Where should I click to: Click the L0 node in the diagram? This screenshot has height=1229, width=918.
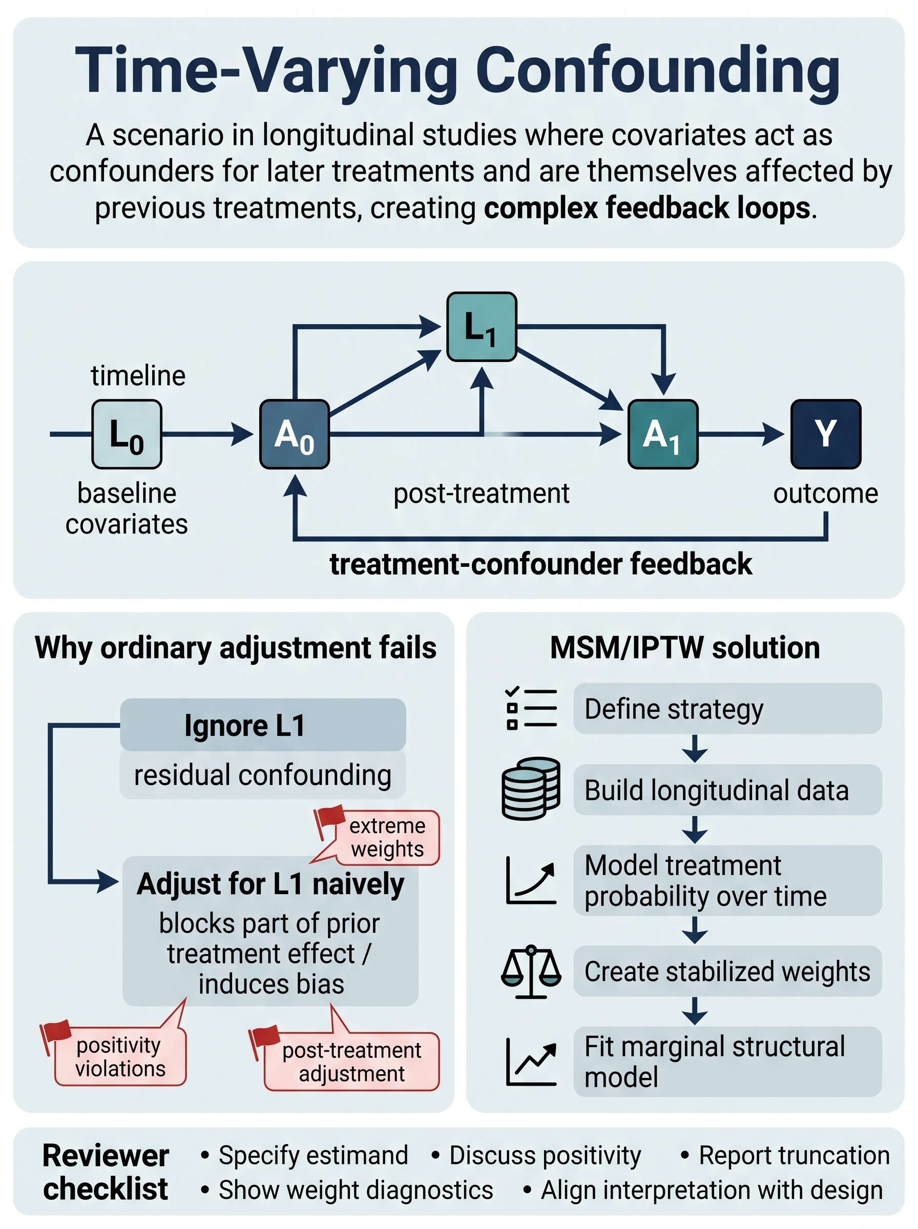(x=127, y=434)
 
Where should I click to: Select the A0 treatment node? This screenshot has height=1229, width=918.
(x=295, y=434)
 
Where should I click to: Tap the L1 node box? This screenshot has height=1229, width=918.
(x=482, y=327)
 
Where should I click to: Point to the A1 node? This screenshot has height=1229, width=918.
(x=663, y=434)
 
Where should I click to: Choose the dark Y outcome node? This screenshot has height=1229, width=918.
(x=826, y=434)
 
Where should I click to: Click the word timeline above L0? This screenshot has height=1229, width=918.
(x=138, y=376)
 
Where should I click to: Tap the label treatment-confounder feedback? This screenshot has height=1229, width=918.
(x=540, y=564)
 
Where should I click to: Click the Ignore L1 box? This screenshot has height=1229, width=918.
(x=263, y=725)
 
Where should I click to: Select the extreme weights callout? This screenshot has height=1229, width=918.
(x=381, y=837)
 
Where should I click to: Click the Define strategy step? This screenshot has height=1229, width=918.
(x=727, y=709)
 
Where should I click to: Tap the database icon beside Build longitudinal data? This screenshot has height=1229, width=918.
(x=531, y=789)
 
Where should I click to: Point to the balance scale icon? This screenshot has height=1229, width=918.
(x=531, y=971)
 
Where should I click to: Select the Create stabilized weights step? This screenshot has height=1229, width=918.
(x=727, y=971)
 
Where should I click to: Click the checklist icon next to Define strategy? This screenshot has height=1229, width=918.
(x=531, y=708)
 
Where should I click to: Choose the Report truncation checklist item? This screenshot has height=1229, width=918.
(x=785, y=1156)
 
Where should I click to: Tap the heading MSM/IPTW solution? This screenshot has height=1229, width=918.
(x=685, y=648)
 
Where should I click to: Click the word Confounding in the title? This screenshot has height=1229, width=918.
(x=657, y=71)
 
